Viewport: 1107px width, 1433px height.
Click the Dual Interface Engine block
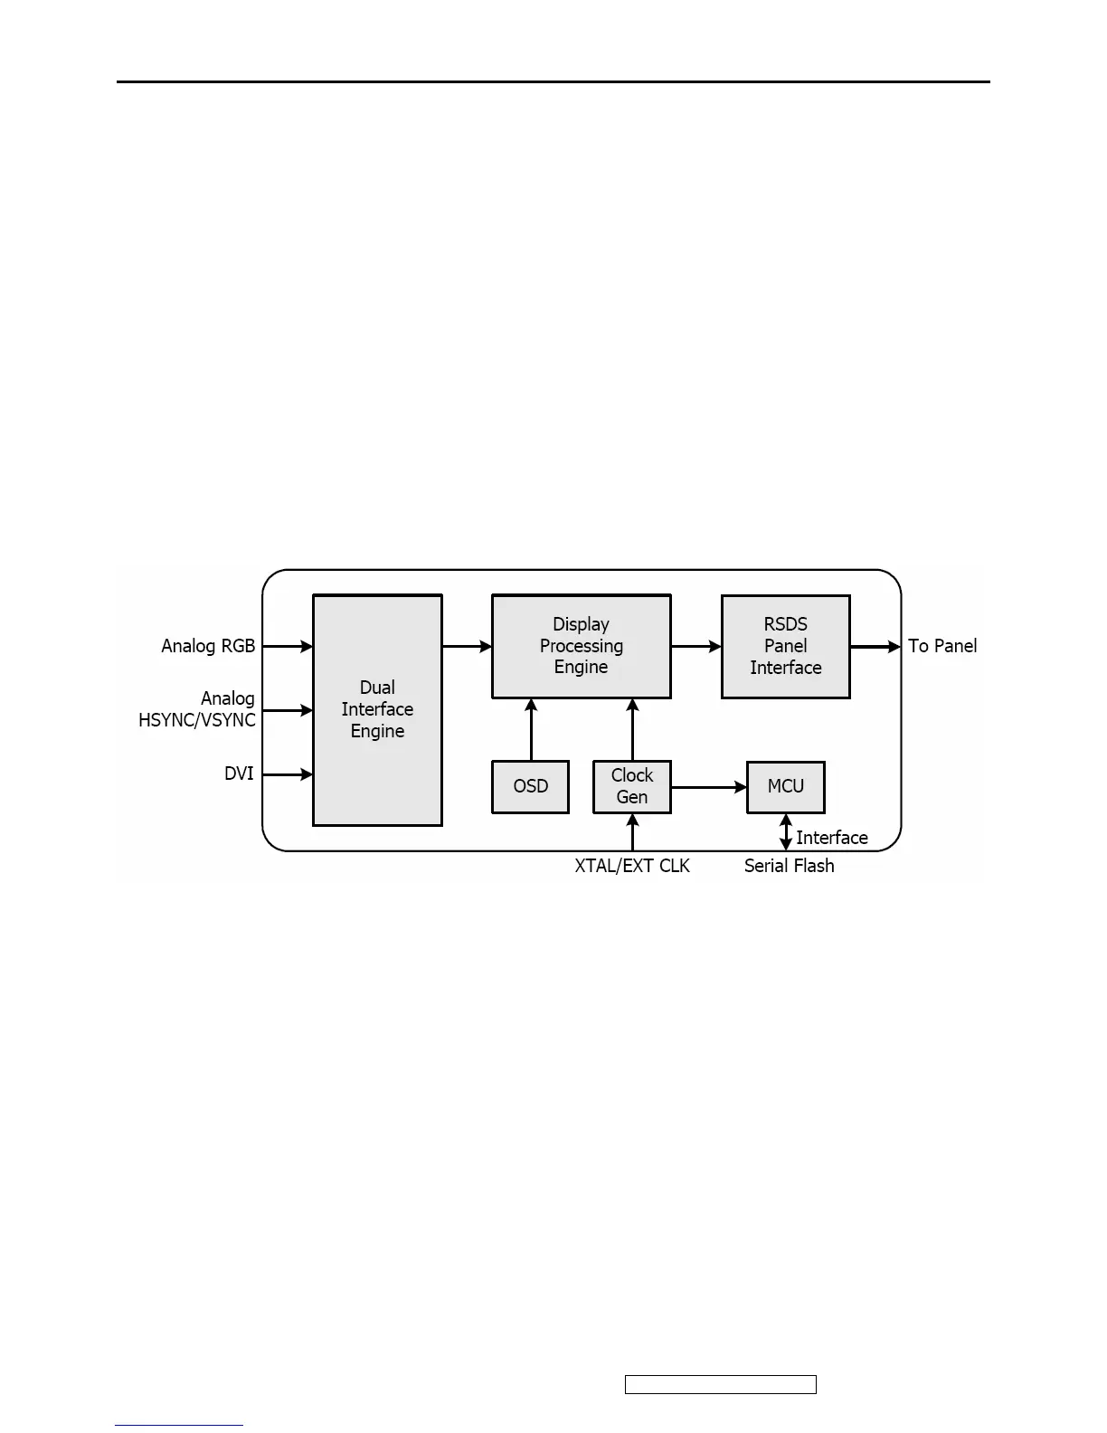point(377,709)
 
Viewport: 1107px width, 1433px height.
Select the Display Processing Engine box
point(581,646)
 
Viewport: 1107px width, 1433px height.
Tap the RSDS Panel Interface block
point(785,646)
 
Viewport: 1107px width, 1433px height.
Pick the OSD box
point(530,786)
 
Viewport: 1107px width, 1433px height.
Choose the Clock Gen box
point(631,786)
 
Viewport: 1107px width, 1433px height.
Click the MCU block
point(785,786)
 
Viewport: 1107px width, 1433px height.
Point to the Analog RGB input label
point(208,646)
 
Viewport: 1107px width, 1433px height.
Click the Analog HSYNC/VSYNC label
point(198,709)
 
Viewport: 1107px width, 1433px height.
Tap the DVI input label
point(239,773)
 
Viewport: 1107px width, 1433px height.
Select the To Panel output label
point(942,646)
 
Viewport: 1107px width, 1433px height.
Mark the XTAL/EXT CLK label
point(632,866)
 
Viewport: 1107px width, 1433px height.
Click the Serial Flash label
point(789,866)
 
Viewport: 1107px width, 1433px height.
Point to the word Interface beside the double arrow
point(832,838)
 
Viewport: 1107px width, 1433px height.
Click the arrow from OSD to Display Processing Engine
point(531,729)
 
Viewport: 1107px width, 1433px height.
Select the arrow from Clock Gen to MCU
point(708,787)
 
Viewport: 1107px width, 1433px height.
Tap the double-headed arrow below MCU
point(785,832)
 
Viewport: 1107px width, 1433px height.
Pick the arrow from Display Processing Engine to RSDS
point(695,646)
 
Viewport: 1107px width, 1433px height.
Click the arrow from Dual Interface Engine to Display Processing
point(467,646)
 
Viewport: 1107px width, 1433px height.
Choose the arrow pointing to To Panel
point(875,646)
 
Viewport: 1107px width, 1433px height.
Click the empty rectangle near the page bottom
point(720,1384)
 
